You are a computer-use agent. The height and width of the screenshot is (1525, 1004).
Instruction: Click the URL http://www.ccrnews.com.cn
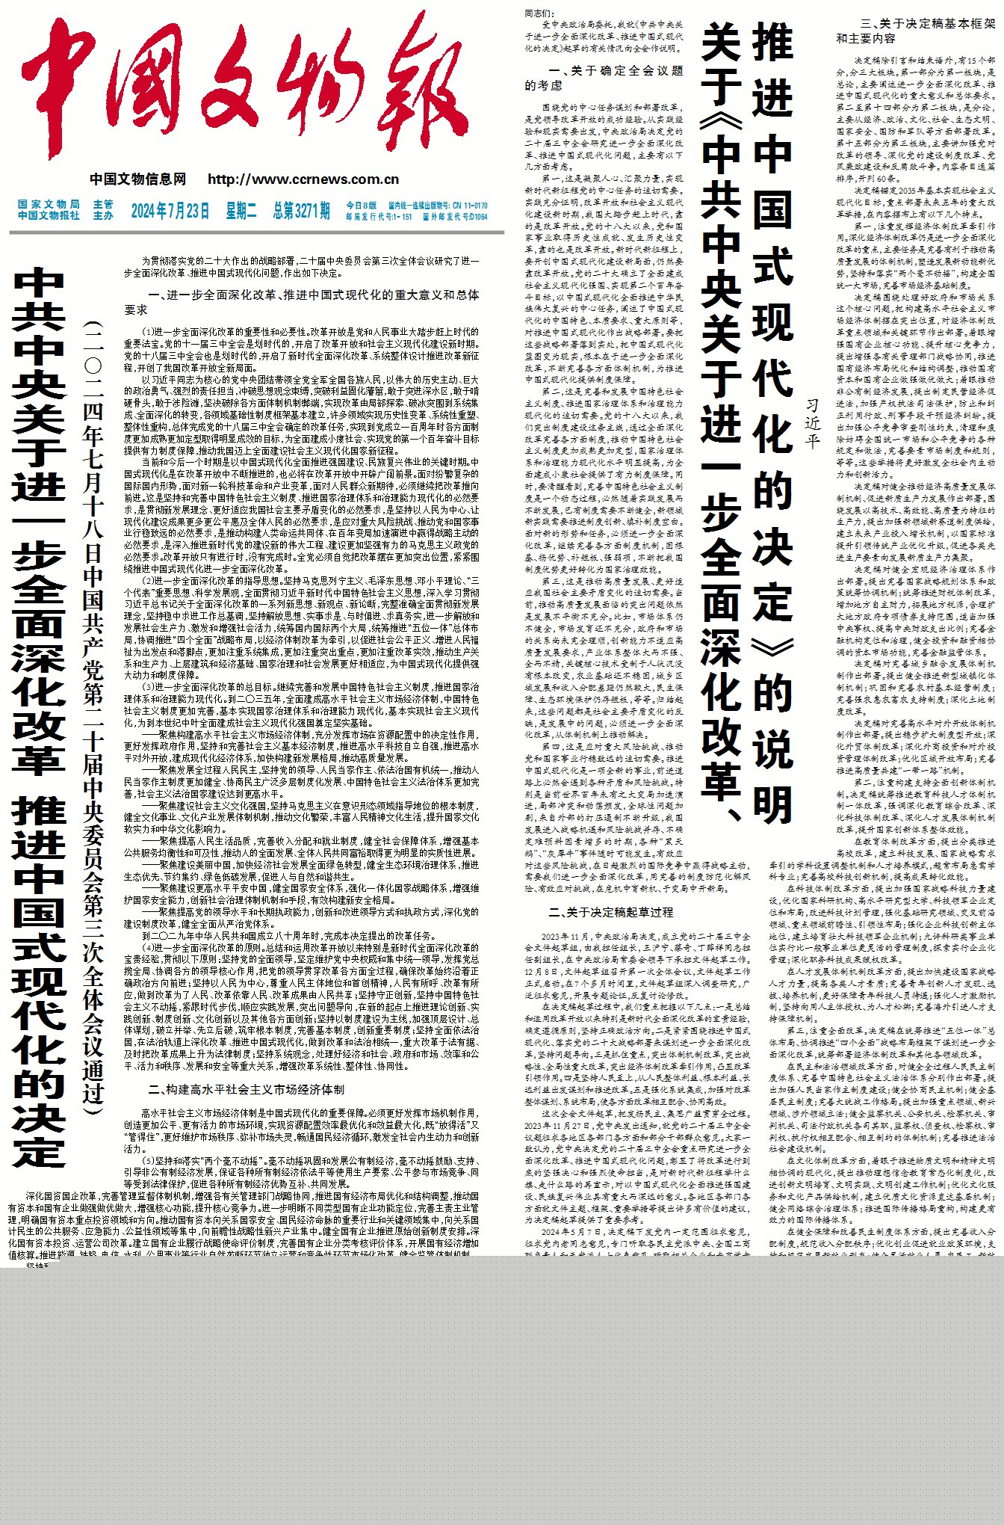pyautogui.click(x=303, y=179)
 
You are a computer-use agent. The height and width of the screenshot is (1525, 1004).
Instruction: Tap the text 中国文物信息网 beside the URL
pyautogui.click(x=138, y=179)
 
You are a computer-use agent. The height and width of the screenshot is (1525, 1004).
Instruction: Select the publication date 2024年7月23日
pyautogui.click(x=170, y=211)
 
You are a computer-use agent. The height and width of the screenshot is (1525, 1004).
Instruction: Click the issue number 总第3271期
pyautogui.click(x=301, y=211)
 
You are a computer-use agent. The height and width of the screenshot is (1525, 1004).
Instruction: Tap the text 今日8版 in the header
pyautogui.click(x=361, y=206)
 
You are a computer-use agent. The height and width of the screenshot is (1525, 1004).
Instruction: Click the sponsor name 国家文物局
pyautogui.click(x=49, y=205)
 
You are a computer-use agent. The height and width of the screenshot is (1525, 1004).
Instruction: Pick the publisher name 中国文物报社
pyautogui.click(x=49, y=216)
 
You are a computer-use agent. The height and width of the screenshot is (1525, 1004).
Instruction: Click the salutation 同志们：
pyautogui.click(x=539, y=13)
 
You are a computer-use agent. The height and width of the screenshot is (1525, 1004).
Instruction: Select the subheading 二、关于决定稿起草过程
pyautogui.click(x=610, y=913)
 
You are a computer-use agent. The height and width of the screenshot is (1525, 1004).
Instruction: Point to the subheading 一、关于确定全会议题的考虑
pyautogui.click(x=604, y=78)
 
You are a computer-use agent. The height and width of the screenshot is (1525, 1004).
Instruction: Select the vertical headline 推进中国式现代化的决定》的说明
pyautogui.click(x=772, y=419)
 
